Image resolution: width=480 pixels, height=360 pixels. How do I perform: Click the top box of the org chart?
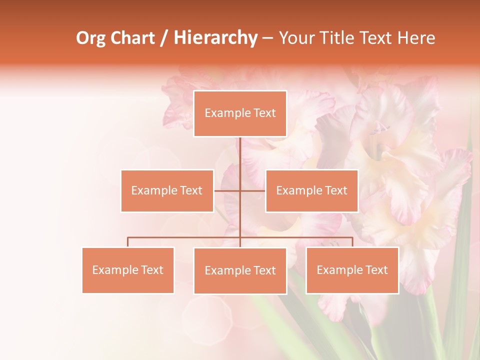click(x=240, y=113)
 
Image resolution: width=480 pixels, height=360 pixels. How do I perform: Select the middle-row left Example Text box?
click(x=167, y=190)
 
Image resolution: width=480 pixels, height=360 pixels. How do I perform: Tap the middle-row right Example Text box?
click(x=311, y=190)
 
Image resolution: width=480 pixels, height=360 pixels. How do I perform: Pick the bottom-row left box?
click(x=128, y=270)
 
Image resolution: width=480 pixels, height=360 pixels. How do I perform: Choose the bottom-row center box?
click(x=240, y=270)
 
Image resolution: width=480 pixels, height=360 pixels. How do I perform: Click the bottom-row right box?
click(x=352, y=270)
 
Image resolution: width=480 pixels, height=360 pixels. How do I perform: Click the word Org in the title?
click(x=90, y=38)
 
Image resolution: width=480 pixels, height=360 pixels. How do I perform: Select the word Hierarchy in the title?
click(x=215, y=38)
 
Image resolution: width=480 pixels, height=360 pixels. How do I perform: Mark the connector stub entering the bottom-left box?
click(x=128, y=242)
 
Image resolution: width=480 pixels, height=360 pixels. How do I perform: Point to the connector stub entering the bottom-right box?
click(x=352, y=242)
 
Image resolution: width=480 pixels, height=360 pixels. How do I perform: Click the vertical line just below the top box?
click(x=240, y=150)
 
